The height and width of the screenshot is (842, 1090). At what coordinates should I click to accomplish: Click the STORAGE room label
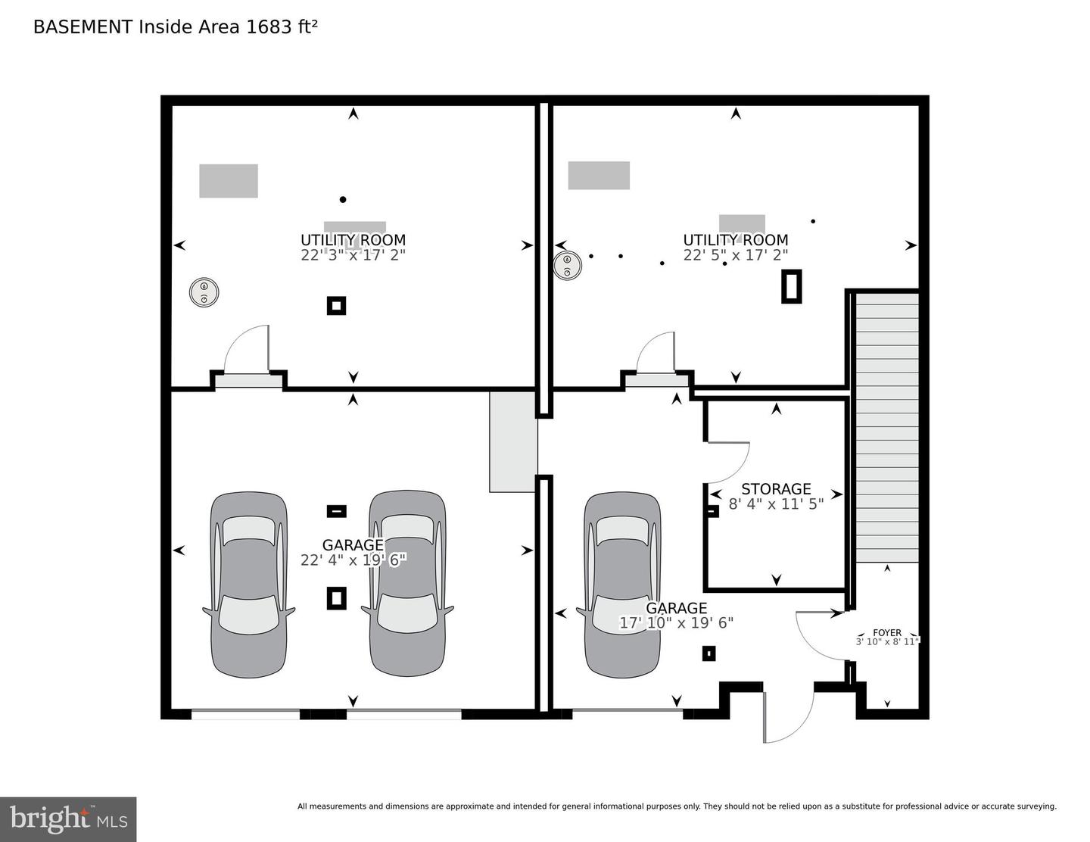click(x=776, y=488)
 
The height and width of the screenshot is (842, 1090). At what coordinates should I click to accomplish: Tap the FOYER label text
click(x=887, y=633)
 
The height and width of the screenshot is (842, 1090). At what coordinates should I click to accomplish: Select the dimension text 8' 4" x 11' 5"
click(x=776, y=504)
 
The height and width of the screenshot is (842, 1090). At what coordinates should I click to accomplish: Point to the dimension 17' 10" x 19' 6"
click(x=676, y=622)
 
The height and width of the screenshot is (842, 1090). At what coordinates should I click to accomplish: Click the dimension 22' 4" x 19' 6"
click(x=353, y=560)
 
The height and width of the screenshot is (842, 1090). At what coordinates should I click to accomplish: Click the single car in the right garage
click(x=622, y=585)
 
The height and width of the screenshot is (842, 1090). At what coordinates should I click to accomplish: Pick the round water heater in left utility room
click(x=204, y=292)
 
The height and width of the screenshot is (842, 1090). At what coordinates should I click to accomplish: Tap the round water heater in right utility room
click(x=567, y=266)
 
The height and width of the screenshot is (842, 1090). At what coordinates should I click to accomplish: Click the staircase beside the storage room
click(x=887, y=428)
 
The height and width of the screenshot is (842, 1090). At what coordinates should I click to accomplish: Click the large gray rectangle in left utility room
click(x=229, y=181)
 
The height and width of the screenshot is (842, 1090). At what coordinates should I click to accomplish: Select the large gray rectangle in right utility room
click(x=599, y=175)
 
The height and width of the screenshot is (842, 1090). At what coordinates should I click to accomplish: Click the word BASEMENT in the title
click(x=83, y=27)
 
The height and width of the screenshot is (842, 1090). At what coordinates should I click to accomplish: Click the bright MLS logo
click(x=68, y=819)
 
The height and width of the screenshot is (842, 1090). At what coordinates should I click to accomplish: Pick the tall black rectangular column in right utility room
click(x=792, y=286)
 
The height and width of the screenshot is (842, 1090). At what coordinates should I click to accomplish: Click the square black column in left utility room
click(x=336, y=306)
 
